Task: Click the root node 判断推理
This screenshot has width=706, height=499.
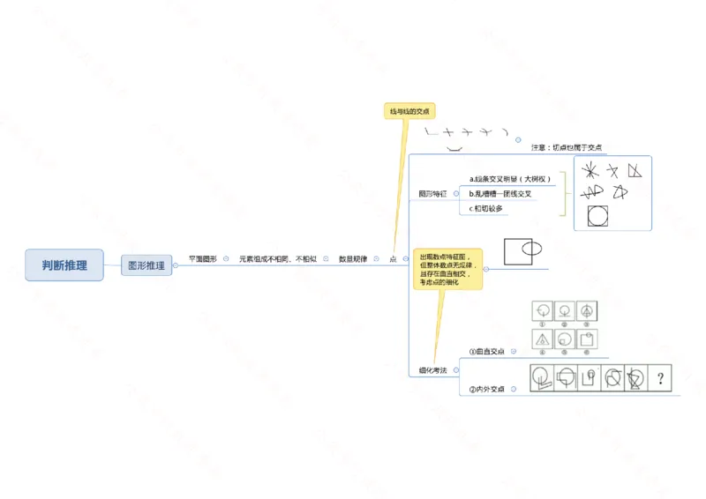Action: click(x=64, y=264)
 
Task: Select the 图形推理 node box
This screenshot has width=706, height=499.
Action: click(x=146, y=264)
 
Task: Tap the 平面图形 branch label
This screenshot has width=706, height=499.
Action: click(x=202, y=259)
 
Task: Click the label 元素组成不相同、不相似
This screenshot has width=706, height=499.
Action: click(x=277, y=259)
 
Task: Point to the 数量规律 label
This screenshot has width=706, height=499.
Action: click(x=352, y=259)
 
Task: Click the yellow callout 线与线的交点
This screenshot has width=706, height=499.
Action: click(x=409, y=111)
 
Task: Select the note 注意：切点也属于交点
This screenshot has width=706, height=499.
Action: click(x=567, y=147)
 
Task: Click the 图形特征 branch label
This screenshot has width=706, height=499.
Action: click(x=432, y=193)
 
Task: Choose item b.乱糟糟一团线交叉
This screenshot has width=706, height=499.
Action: click(x=500, y=193)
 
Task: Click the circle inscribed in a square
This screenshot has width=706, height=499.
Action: click(x=597, y=215)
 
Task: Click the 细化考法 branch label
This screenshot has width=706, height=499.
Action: click(x=432, y=371)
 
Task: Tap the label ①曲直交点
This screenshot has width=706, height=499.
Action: click(x=486, y=351)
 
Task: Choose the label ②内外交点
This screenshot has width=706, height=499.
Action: click(x=486, y=389)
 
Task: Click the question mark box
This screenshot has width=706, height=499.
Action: click(x=659, y=379)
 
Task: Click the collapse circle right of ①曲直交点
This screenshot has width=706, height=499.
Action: click(x=515, y=351)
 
